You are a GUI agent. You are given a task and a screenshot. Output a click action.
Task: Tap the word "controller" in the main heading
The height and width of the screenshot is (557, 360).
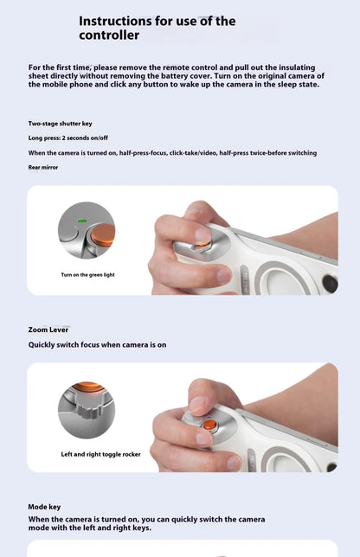[x=109, y=36]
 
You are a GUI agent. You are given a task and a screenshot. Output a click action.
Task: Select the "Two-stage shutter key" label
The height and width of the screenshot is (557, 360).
[x=60, y=124]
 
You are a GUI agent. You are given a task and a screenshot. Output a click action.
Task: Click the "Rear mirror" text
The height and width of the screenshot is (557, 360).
[x=43, y=167]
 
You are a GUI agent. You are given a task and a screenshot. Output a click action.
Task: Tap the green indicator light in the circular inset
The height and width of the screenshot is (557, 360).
[x=80, y=221]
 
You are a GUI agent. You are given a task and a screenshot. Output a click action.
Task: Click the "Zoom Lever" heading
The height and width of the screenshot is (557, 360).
[x=48, y=330]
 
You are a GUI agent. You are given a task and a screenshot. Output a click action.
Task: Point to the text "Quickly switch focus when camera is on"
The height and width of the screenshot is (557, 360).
[x=97, y=345]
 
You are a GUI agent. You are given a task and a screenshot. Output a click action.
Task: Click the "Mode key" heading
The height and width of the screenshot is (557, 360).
[x=45, y=506]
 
